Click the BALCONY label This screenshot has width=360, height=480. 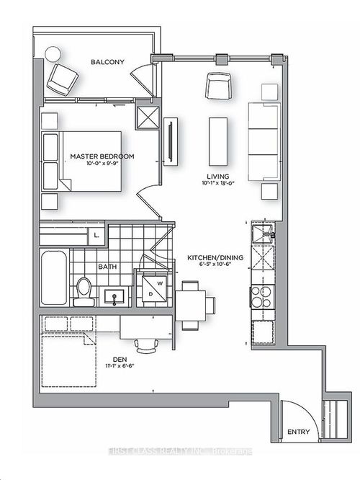coord(108,63)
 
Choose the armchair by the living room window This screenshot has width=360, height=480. coord(218,86)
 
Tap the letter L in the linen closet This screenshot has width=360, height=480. coord(96,236)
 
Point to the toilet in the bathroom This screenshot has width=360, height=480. coord(84,290)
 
